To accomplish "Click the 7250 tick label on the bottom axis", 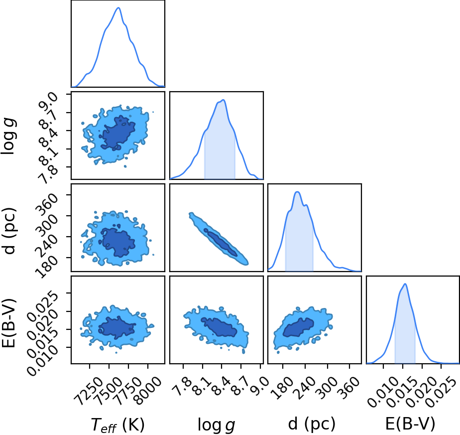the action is (89, 388).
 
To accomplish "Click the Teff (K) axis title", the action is (117, 425).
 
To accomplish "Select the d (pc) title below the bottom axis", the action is (312, 424).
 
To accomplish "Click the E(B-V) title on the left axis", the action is (9, 323).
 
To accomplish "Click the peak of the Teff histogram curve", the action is (118, 7).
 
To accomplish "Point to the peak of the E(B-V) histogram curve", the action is (405, 284).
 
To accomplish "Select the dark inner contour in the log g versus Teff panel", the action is (117, 133).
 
